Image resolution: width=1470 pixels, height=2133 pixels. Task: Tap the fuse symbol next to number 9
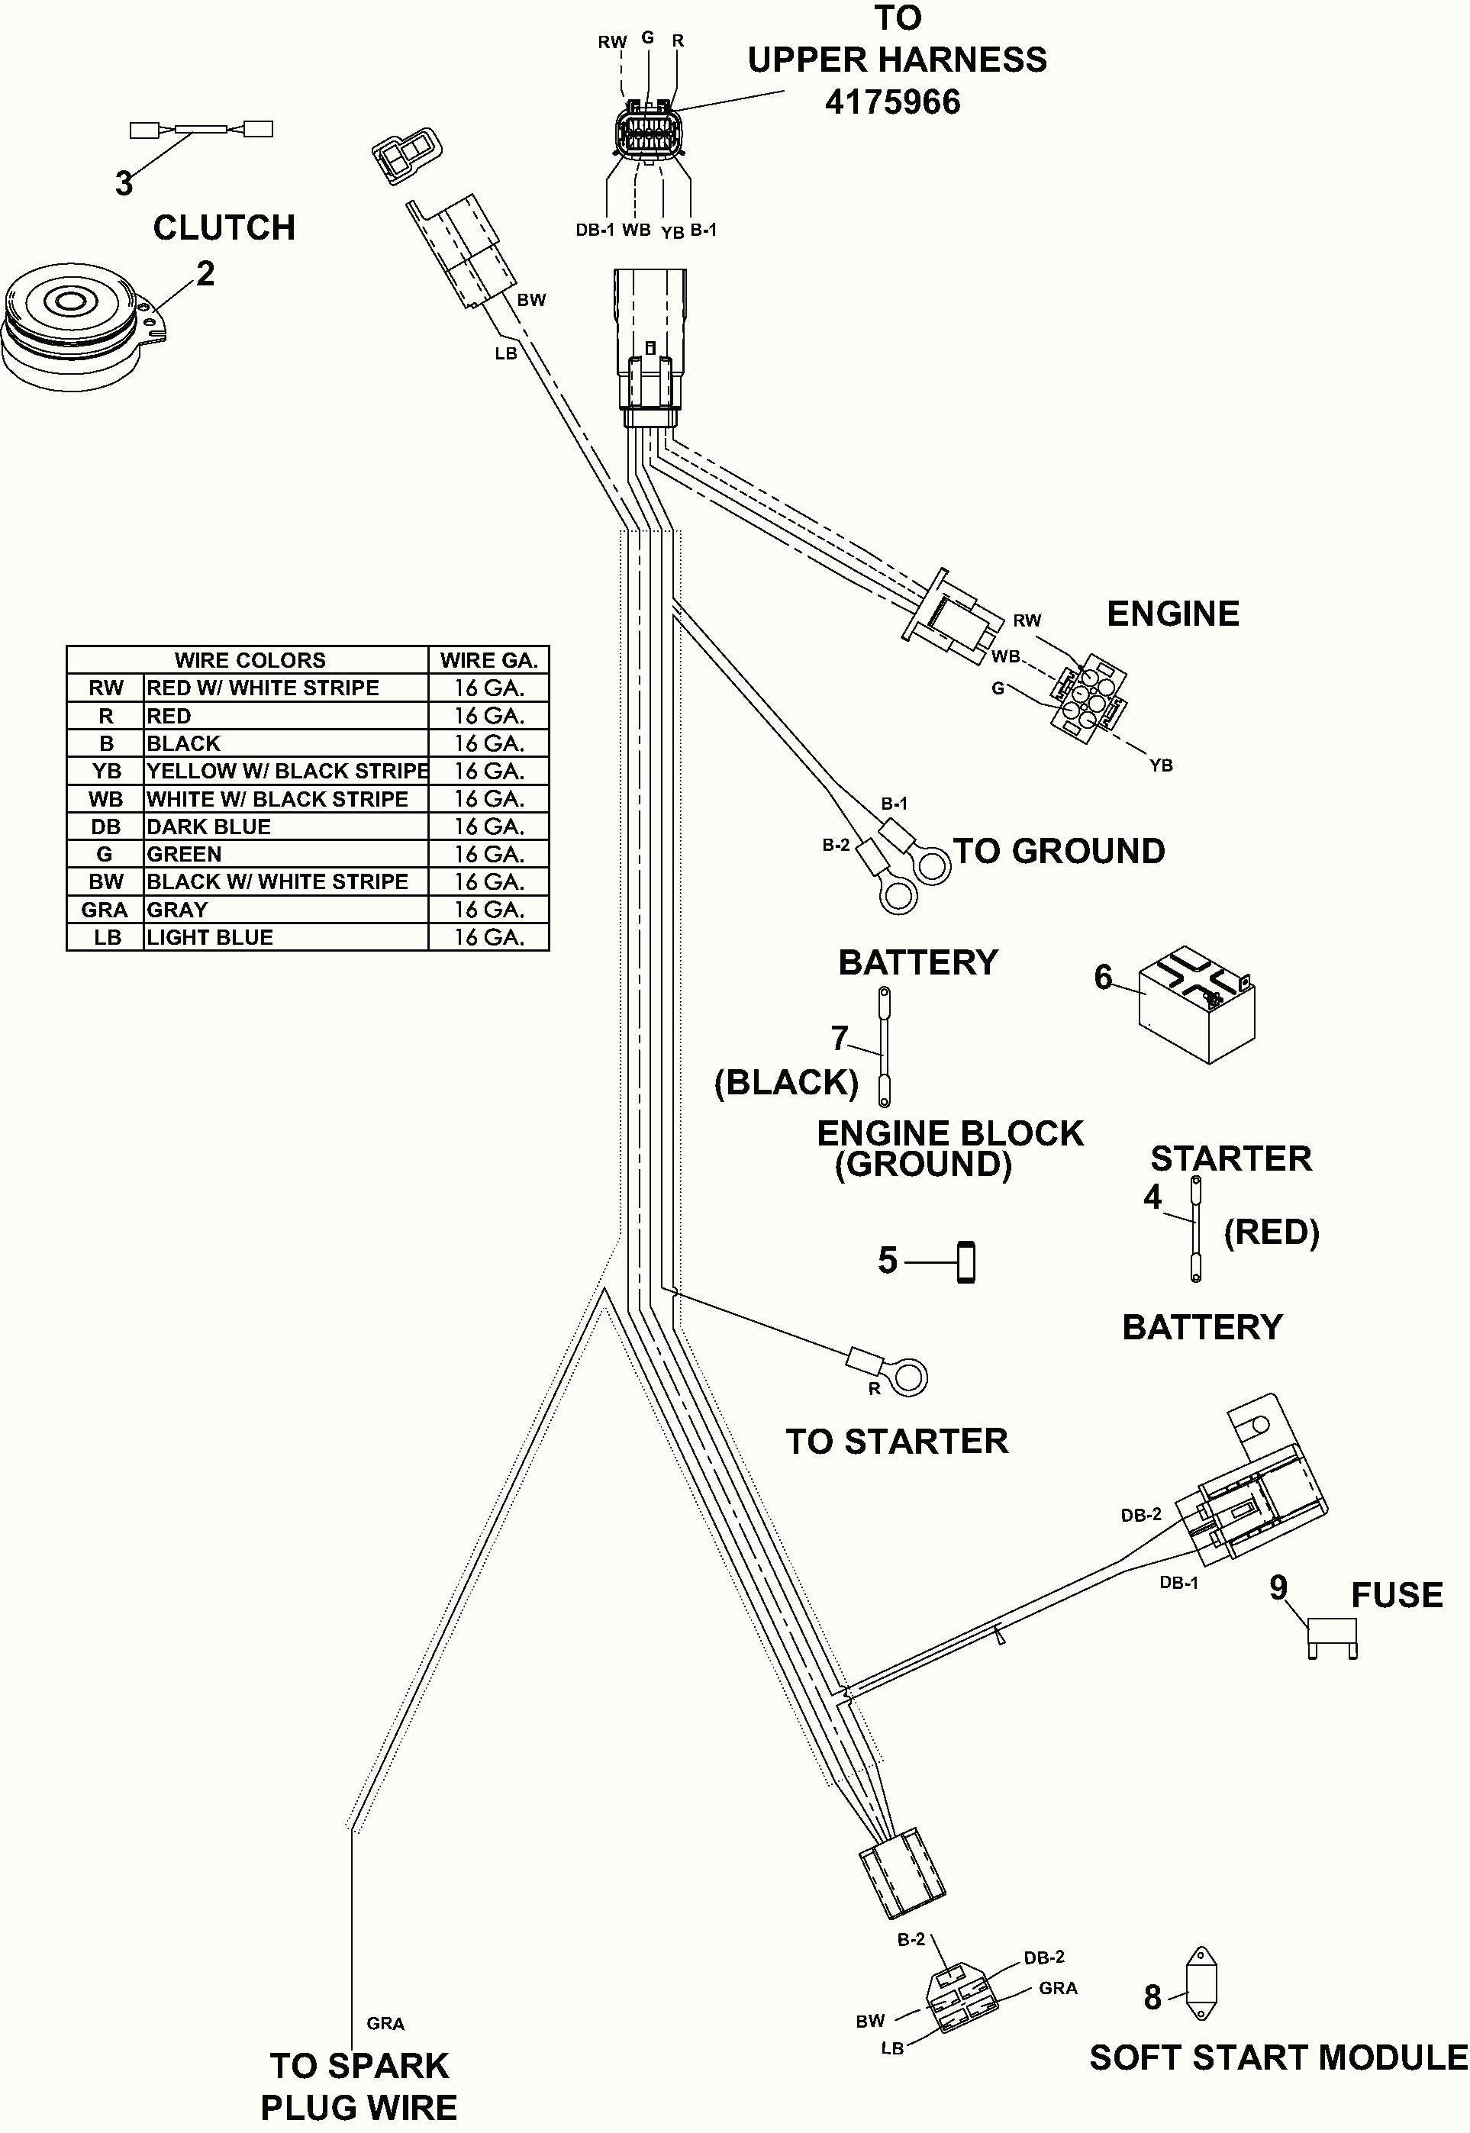pos(1332,1637)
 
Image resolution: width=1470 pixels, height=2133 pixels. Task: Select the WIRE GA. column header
pos(488,660)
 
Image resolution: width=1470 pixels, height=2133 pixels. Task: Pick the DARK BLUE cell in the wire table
pos(209,827)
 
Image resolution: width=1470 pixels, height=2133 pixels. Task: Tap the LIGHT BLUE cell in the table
pos(210,938)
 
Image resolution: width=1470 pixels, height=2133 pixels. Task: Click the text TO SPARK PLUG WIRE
pos(359,2085)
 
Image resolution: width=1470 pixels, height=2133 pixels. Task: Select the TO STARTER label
pos(897,1442)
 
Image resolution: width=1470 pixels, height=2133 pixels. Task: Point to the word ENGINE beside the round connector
pos(1172,614)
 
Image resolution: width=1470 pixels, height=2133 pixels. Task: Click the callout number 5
pos(888,1261)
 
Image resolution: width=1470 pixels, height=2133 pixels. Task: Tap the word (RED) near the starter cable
pos(1271,1232)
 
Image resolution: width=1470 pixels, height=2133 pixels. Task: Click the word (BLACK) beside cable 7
pos(787,1082)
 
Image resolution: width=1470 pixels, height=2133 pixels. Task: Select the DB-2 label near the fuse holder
pos(1141,1515)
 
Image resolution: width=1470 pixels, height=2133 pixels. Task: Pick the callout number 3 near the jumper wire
pos(124,183)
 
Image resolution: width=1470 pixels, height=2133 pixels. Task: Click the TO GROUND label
pos(1059,852)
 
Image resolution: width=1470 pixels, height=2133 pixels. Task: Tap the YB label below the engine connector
pos(1162,765)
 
